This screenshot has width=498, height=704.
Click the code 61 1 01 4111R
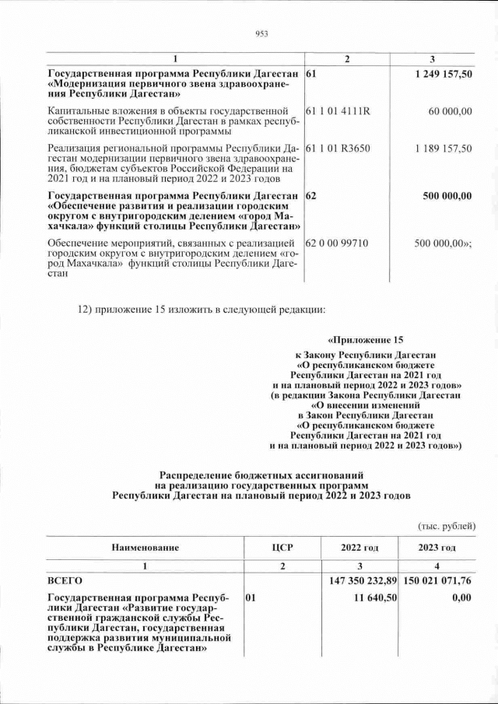[338, 111]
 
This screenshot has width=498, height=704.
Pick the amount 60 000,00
[450, 111]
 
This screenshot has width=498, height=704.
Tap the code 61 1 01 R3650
[338, 148]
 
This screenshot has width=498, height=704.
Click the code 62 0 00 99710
[338, 243]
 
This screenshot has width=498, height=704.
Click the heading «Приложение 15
[366, 340]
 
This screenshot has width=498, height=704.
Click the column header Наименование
[145, 548]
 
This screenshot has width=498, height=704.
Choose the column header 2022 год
[359, 548]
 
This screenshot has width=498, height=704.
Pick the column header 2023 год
[437, 548]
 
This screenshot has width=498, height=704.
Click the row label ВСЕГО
[65, 580]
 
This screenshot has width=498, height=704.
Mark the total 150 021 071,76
[438, 580]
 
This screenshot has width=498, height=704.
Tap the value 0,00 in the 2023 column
[461, 598]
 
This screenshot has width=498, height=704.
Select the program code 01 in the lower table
[251, 598]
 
